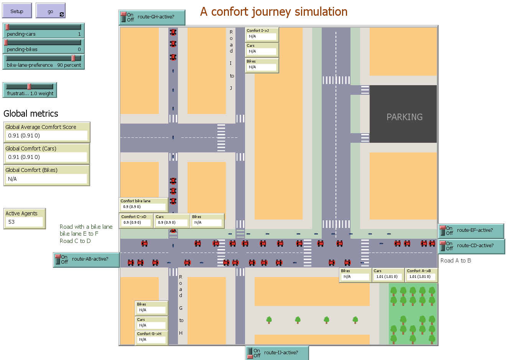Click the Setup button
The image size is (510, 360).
17,11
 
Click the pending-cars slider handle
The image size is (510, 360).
7,27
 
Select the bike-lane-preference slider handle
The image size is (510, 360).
73,58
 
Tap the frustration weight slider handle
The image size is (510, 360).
29,87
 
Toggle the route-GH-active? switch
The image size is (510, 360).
123,17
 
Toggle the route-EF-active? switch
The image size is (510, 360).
443,230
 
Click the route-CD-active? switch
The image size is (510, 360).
443,246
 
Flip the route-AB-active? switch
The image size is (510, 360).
58,259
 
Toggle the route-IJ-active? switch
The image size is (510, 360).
250,353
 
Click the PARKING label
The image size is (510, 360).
404,117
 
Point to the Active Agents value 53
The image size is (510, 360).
12,222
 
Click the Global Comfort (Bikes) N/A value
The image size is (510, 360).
12,179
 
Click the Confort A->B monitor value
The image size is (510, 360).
420,277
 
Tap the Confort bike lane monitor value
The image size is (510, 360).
132,207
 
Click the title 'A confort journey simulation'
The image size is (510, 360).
273,12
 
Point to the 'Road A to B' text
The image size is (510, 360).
456,261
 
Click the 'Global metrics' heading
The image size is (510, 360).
31,114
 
